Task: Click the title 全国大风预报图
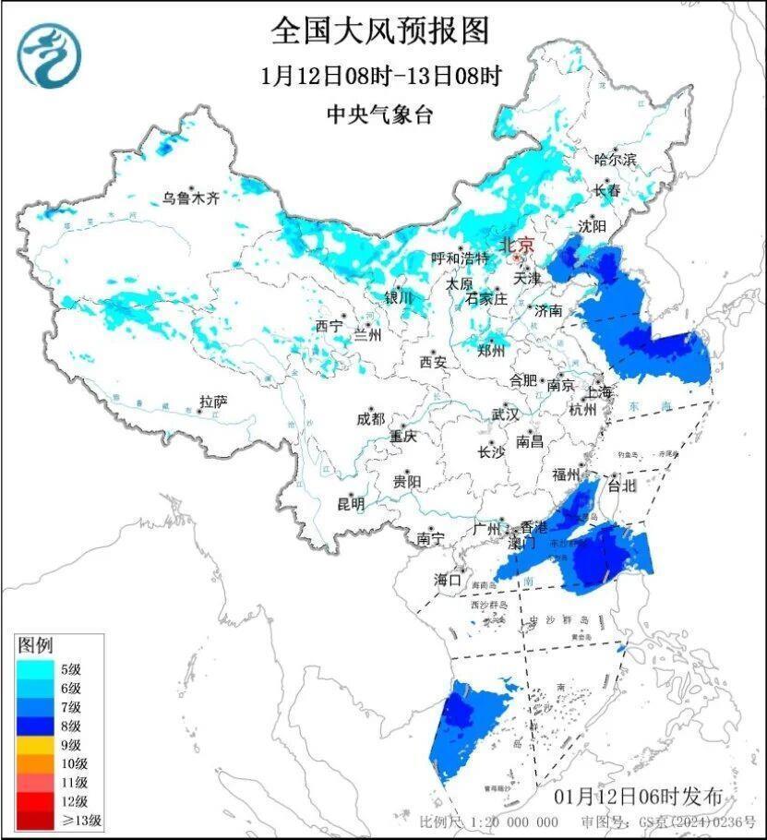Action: pos(379,31)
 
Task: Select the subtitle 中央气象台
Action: pos(379,114)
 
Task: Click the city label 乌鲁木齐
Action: pos(191,197)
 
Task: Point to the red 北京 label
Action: pos(516,245)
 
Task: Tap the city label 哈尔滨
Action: pos(616,160)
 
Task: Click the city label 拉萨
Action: pos(213,402)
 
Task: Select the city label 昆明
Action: pos(350,504)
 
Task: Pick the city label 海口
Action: pos(448,580)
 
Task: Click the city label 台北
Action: pos(622,485)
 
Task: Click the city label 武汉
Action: pos(505,414)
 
